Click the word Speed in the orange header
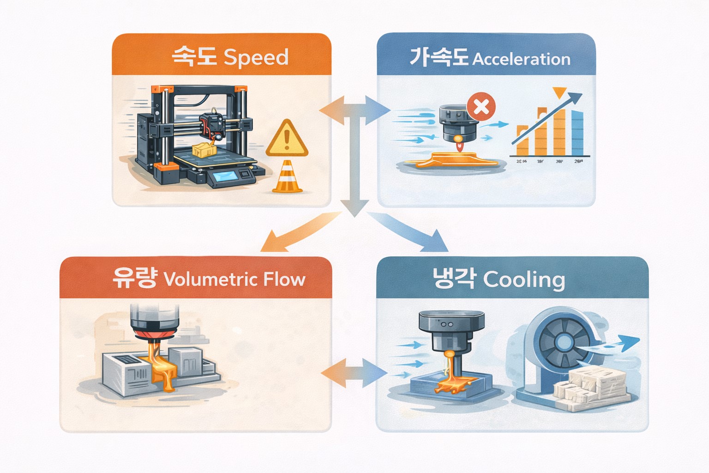(256, 57)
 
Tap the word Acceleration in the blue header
(522, 59)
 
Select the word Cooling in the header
(524, 280)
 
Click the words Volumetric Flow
(234, 279)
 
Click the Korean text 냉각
(453, 279)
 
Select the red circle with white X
(481, 107)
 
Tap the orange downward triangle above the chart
(559, 92)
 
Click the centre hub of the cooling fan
(564, 342)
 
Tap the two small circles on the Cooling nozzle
(447, 325)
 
